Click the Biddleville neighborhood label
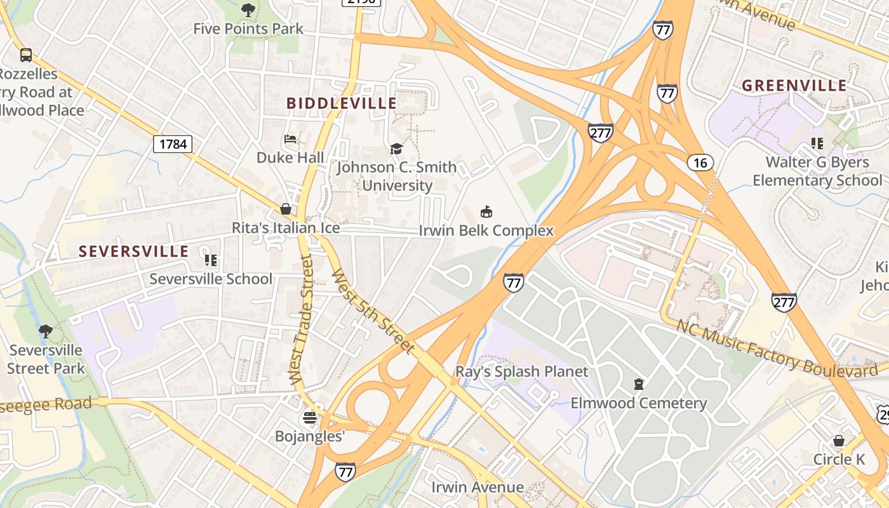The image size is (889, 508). [342, 103]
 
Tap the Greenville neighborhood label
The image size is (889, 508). [794, 86]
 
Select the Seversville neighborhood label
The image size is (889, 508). [133, 251]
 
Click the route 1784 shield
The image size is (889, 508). [173, 144]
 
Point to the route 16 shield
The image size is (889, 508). [700, 163]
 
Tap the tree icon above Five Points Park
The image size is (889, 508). [248, 10]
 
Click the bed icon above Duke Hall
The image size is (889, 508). [290, 139]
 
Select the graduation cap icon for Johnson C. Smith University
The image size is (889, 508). [396, 149]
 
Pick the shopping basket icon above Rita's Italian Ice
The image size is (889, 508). [286, 209]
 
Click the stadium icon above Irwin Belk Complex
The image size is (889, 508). [486, 212]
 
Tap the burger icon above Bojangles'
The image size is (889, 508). [309, 417]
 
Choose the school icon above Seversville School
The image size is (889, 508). [211, 260]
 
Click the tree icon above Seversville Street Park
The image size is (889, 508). [45, 331]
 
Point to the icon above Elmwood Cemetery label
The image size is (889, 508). [638, 384]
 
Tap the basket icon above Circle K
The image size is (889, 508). [839, 441]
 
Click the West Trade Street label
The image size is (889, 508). [303, 319]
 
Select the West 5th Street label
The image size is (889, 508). [373, 312]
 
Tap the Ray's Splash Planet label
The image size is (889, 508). [522, 371]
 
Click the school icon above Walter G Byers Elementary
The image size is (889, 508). [817, 144]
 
